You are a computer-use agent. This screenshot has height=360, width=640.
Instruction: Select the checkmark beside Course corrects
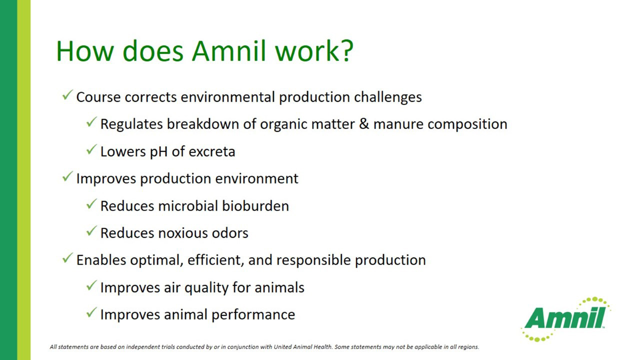[x=67, y=95]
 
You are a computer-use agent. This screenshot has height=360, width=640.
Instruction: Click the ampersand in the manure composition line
[x=364, y=123]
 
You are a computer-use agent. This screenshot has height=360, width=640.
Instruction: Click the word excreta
[x=212, y=151]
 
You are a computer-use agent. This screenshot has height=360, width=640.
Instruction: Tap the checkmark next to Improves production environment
[x=67, y=176]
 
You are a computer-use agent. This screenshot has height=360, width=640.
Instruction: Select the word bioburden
[x=255, y=205]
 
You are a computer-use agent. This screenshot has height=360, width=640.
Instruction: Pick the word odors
[x=230, y=233]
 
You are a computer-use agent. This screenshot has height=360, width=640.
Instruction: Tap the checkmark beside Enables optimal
[x=67, y=258]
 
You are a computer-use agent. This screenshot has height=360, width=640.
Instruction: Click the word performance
[x=253, y=315]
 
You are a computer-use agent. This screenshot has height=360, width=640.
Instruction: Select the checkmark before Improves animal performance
[x=91, y=312]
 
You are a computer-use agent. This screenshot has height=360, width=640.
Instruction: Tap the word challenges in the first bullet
[x=387, y=97]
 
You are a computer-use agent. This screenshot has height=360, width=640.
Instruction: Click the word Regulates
[x=131, y=124]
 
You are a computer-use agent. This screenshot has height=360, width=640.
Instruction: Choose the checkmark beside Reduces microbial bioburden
[x=91, y=204]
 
